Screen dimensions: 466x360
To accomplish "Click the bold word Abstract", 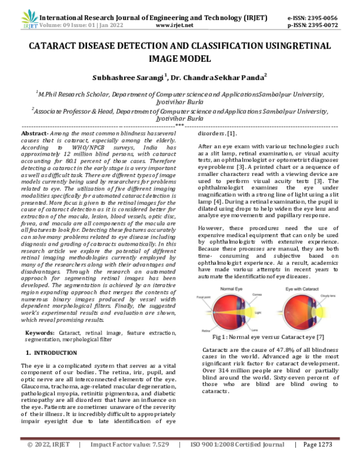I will point(35,133).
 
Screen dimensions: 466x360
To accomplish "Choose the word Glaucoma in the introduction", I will point(37,380).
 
